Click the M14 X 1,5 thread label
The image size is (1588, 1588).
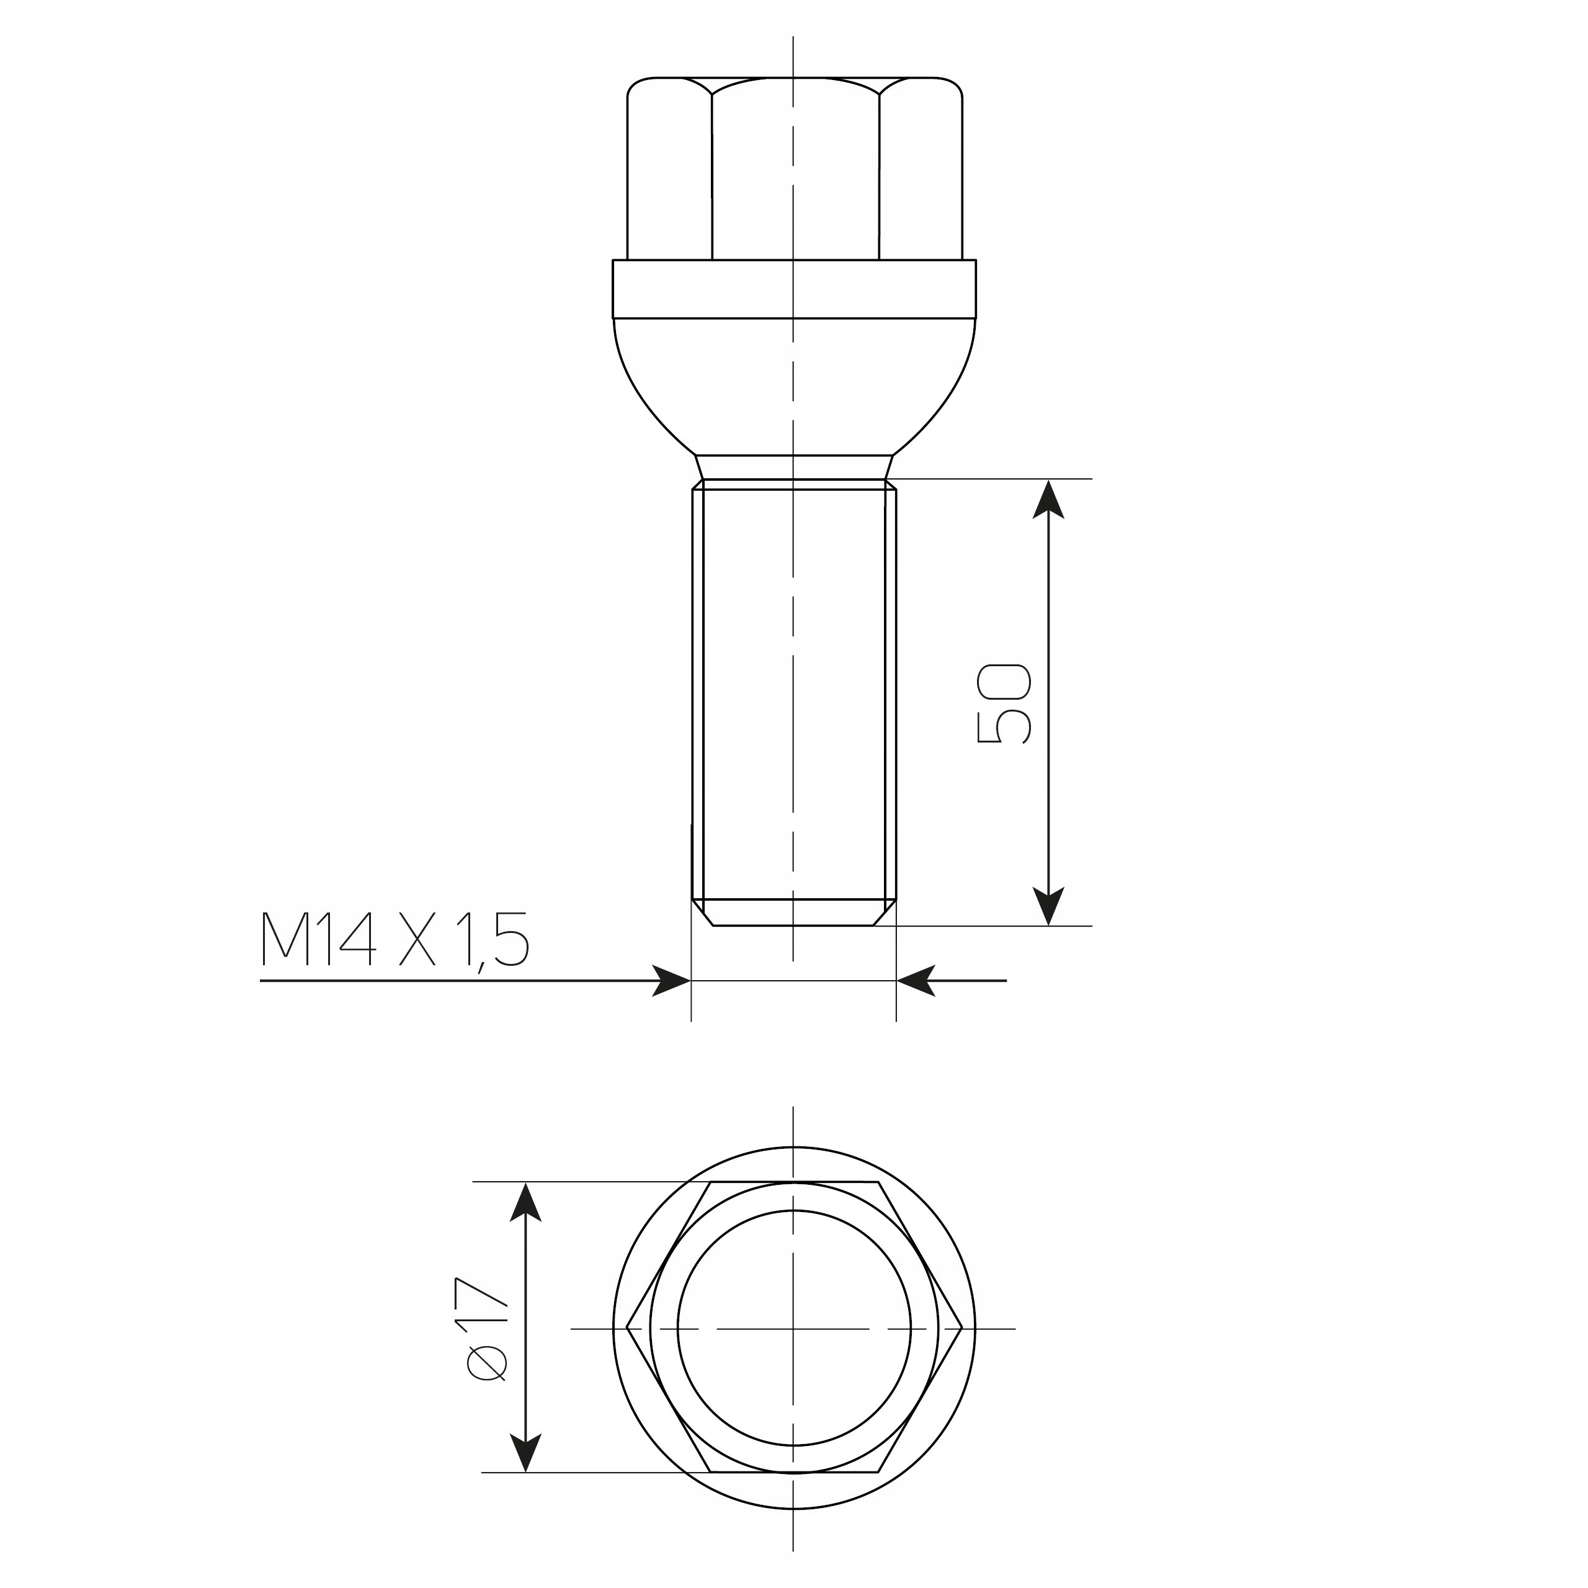click(395, 939)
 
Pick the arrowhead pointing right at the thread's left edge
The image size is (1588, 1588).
click(672, 981)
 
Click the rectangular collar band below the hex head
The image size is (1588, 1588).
click(794, 288)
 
